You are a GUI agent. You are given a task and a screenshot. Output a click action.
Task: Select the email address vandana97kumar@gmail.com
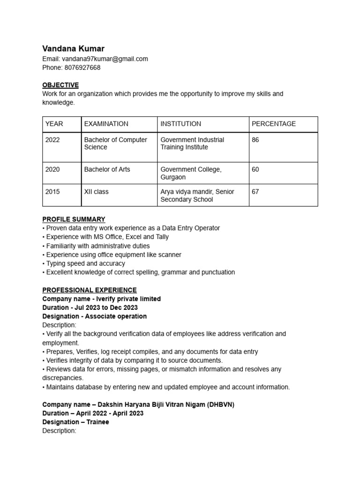point(105,59)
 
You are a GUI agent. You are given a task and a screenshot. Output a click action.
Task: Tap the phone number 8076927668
point(82,67)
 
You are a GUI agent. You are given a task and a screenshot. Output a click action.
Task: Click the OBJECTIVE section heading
point(60,85)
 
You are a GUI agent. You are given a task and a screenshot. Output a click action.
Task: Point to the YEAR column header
point(54,124)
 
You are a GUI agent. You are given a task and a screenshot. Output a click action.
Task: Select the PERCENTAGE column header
point(274,124)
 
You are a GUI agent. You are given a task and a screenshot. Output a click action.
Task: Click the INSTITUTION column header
point(180,124)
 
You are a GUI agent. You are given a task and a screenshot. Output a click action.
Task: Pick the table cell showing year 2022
point(52,140)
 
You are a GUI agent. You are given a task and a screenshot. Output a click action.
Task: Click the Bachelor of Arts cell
point(107,169)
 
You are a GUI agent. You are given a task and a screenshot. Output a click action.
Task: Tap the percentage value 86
point(255,140)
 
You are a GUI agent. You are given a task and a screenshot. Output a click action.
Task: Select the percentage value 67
point(255,192)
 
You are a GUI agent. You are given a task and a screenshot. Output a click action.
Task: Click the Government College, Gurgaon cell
point(191,173)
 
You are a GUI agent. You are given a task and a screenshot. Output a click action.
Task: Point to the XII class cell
point(96,192)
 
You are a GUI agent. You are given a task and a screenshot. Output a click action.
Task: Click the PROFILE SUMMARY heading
point(74,219)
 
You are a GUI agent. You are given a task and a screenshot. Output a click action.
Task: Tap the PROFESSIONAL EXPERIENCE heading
point(90,290)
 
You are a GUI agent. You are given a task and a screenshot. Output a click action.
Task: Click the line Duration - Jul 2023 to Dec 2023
point(90,307)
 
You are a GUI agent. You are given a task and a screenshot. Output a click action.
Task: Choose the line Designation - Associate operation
point(94,316)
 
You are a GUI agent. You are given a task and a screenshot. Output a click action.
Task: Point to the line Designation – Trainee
point(75,422)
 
